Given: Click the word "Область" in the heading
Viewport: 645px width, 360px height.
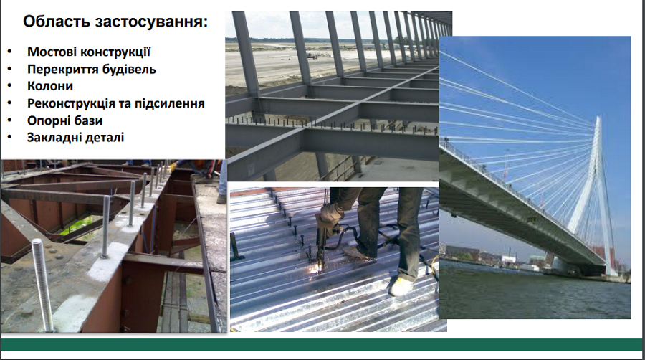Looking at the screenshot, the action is [x=56, y=22].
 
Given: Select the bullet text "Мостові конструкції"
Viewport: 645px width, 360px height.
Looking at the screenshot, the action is [x=89, y=52].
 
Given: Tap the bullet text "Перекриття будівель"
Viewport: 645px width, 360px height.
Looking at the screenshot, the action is [x=92, y=69].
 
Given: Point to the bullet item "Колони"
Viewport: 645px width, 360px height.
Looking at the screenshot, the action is [x=50, y=86].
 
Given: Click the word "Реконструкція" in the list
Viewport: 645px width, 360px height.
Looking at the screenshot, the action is [x=71, y=103].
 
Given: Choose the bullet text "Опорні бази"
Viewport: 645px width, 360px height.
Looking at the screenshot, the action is [x=64, y=120].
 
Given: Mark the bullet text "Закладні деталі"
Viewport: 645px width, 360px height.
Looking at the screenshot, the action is [x=76, y=138].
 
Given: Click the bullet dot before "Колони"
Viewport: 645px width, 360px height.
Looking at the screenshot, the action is [x=9, y=86].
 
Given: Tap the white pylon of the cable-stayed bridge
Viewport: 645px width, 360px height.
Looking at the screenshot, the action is [x=595, y=194].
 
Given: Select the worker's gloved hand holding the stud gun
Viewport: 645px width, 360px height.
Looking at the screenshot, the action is [x=329, y=219].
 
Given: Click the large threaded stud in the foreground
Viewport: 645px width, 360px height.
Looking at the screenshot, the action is [x=43, y=285].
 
